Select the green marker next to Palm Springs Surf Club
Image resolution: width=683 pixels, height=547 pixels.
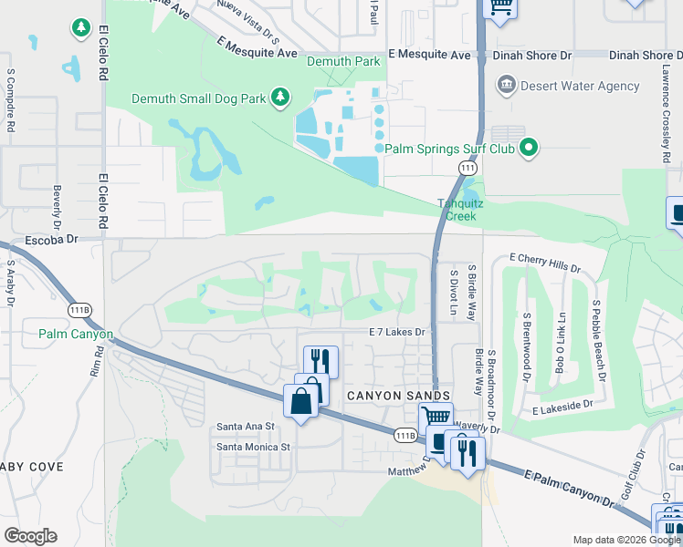tap(528, 148)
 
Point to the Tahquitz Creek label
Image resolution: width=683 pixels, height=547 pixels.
tap(454, 211)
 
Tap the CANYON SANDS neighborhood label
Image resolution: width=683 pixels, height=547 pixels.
tap(398, 396)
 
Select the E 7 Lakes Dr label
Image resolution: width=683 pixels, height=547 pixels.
tap(397, 333)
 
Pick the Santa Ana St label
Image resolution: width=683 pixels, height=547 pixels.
tap(245, 426)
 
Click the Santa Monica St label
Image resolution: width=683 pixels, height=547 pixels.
tap(252, 447)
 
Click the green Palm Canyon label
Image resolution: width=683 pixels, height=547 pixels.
tap(75, 335)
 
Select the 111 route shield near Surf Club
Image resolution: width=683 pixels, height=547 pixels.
tap(468, 170)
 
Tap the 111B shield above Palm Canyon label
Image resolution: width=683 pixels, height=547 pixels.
tap(80, 310)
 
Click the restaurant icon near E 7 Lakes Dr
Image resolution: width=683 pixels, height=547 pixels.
tap(320, 359)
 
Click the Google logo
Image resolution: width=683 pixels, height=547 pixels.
tap(30, 536)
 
